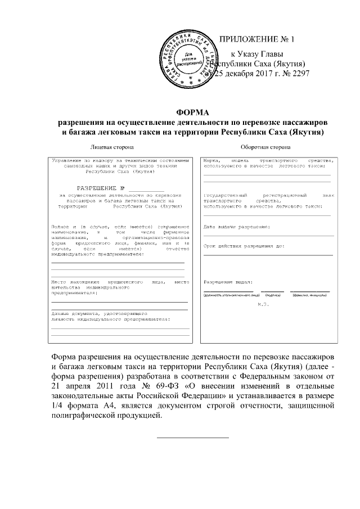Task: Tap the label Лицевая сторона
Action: point(112,147)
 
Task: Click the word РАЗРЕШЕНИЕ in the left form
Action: point(96,188)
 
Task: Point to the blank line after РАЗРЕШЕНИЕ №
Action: point(146,189)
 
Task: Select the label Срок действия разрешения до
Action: point(244,246)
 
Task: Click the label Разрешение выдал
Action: point(228,281)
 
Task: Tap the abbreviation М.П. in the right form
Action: point(264,304)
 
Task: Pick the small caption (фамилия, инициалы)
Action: point(309,295)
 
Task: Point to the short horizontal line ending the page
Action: point(192,437)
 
